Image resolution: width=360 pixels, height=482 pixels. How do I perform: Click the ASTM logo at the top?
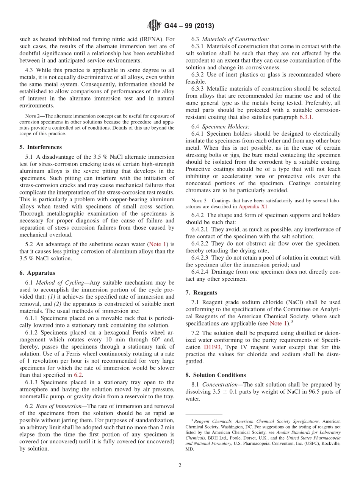coord(154,26)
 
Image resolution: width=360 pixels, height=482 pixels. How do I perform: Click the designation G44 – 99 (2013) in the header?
coord(189,26)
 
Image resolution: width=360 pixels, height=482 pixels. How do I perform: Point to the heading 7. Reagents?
coord(207,293)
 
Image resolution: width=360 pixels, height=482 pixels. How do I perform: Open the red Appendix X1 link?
coord(253,207)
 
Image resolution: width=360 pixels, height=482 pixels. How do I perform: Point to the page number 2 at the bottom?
coord(180,465)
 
